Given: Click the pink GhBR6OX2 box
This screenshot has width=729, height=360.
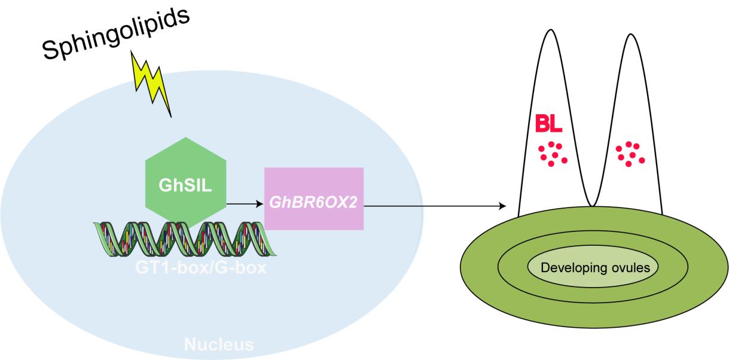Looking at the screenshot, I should (314, 199).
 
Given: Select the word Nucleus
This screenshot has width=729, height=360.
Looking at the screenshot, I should (218, 344).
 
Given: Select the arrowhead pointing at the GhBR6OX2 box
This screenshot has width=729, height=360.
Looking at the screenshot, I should (260, 204).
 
